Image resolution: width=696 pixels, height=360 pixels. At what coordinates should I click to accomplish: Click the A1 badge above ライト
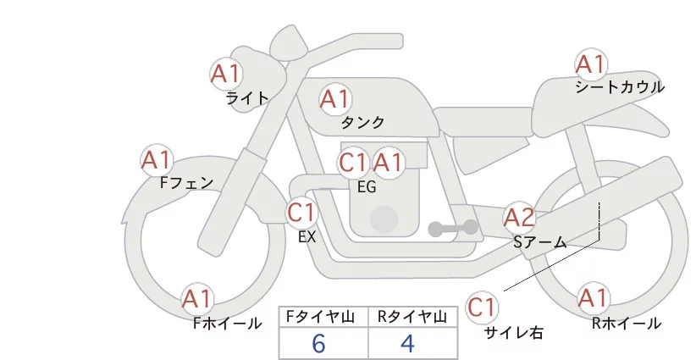tap(226, 73)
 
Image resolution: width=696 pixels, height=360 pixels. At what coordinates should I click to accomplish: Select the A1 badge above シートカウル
tap(590, 64)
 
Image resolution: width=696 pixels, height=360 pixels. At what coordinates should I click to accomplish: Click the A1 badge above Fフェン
tap(157, 160)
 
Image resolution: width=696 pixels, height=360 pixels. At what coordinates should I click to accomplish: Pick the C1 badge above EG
tap(353, 163)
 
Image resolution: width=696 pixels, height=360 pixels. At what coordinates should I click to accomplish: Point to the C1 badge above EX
tap(301, 212)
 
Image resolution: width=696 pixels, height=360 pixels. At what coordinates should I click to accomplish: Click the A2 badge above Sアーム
tap(519, 218)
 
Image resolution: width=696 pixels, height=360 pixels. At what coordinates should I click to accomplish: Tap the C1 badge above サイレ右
tap(482, 307)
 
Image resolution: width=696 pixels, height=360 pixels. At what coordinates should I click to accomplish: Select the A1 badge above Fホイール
tap(198, 299)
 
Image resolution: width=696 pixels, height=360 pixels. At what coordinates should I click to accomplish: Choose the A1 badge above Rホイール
tap(593, 298)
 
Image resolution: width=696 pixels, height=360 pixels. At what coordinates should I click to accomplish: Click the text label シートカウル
tap(620, 87)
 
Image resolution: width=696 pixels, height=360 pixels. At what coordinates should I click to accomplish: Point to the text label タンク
tap(363, 123)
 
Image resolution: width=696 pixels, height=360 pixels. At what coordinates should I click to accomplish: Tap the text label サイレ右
tap(513, 333)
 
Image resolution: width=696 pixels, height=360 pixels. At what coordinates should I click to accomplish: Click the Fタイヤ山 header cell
tap(323, 317)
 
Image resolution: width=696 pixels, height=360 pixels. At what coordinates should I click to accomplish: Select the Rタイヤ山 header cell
tap(413, 317)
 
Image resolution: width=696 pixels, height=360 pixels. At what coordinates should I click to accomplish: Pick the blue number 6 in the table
tap(318, 344)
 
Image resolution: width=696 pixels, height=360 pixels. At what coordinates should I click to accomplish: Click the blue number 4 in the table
tap(407, 344)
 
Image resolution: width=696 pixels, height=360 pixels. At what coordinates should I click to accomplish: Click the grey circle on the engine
tap(384, 219)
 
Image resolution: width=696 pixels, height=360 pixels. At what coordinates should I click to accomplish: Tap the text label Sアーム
tap(539, 242)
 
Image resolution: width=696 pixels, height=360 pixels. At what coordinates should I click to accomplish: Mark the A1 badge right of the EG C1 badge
tap(389, 163)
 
